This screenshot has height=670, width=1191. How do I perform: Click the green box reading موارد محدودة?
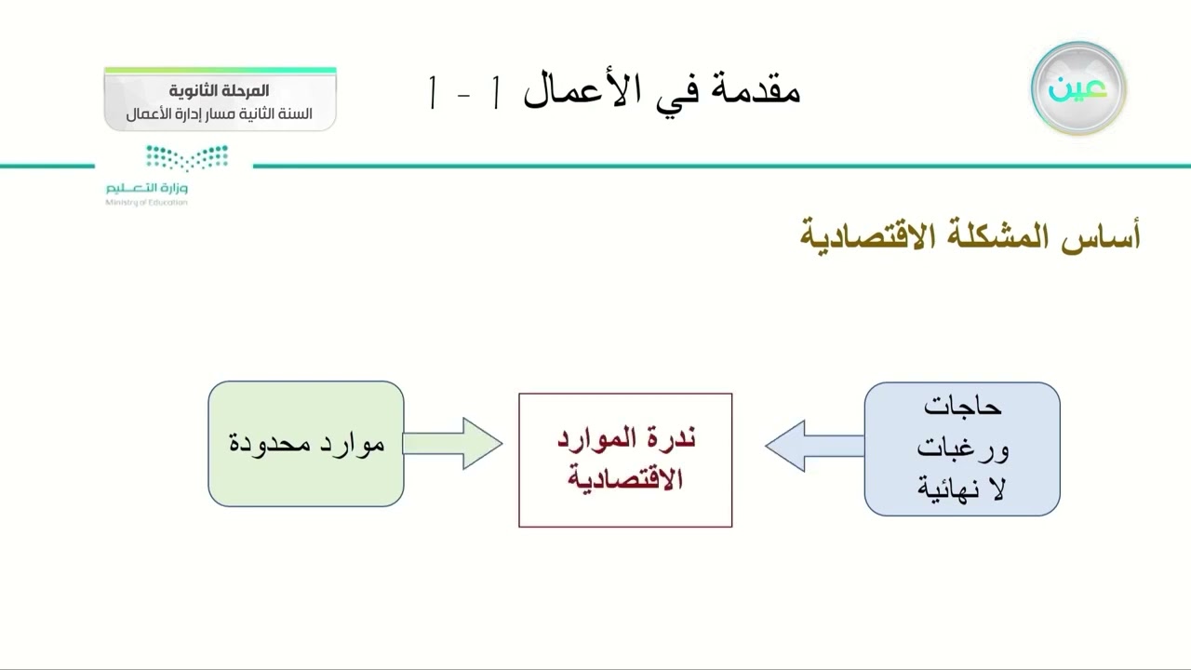tap(305, 444)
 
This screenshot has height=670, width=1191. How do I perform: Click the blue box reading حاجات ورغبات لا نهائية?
tap(962, 449)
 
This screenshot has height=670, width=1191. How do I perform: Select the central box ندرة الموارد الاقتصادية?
tap(625, 460)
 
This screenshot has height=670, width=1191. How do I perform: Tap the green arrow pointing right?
tap(453, 444)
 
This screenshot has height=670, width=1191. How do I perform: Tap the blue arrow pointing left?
tap(814, 446)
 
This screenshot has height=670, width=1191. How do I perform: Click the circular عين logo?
tap(1078, 89)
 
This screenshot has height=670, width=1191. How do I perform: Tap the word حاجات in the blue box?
tap(962, 407)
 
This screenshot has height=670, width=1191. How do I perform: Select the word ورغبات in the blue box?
tap(962, 449)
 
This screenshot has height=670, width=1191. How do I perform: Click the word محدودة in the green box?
tap(270, 443)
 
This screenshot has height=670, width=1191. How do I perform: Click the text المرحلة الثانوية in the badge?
tap(220, 91)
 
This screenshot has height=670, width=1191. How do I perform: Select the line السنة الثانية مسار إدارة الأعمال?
tap(220, 114)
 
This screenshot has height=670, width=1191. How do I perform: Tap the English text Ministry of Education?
tap(146, 202)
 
